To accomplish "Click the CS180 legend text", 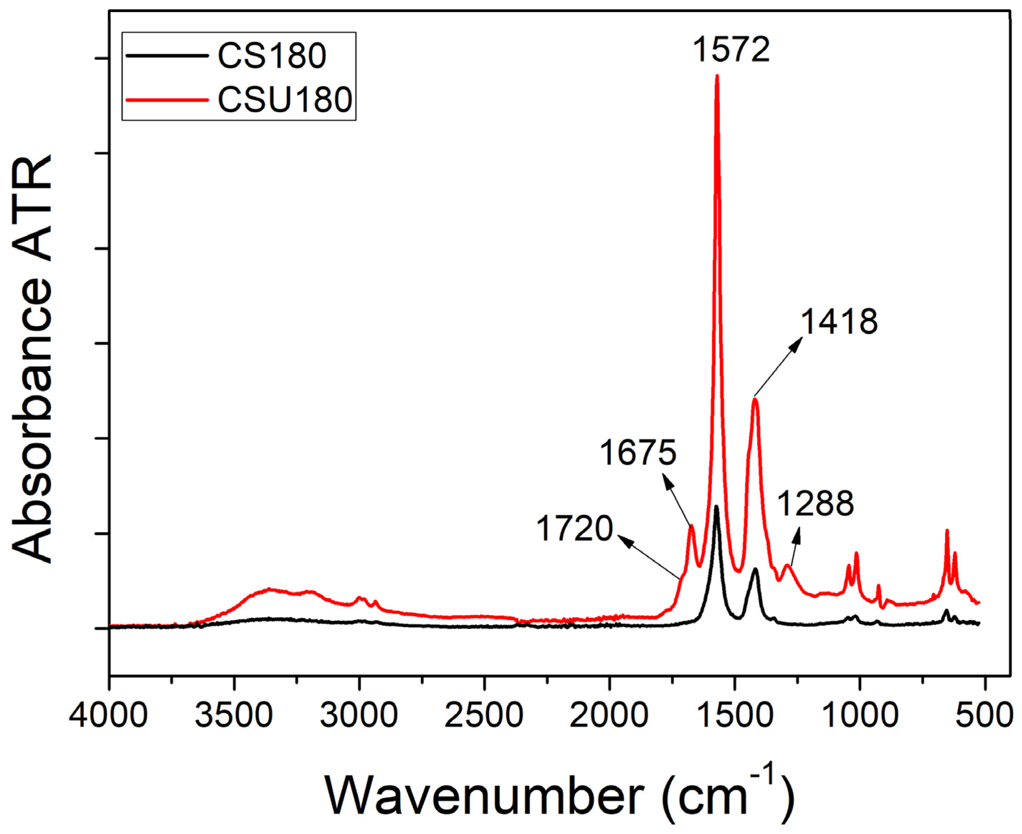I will [x=272, y=56].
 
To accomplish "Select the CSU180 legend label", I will [x=285, y=100].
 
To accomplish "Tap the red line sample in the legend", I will [x=167, y=100].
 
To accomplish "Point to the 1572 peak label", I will [x=731, y=49].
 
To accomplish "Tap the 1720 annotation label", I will [x=574, y=528].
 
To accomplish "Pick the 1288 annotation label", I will [x=816, y=503].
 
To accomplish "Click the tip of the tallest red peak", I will [x=718, y=77].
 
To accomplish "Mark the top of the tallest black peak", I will [x=716, y=507].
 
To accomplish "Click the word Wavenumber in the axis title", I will [x=485, y=795].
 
